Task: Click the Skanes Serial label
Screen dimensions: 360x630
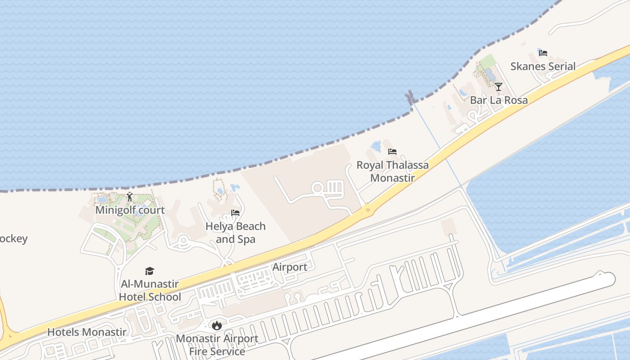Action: click(543, 66)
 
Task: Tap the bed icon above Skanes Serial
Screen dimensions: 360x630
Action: click(543, 53)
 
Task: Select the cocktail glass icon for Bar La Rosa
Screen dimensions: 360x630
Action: click(498, 86)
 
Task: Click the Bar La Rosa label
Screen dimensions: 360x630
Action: click(499, 100)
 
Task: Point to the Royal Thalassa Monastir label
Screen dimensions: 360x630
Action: click(392, 171)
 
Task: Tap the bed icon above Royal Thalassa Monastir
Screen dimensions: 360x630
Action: click(392, 152)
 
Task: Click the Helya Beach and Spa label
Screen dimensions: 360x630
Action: click(235, 232)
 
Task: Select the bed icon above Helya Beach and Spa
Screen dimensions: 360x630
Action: click(235, 213)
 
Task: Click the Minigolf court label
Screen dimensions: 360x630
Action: click(130, 210)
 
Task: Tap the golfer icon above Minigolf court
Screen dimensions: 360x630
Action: click(130, 197)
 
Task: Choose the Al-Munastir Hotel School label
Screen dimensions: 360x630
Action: click(150, 290)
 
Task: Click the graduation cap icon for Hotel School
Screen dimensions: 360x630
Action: click(150, 271)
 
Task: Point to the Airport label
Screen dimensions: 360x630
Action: click(290, 267)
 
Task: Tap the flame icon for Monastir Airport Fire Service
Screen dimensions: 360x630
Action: click(217, 325)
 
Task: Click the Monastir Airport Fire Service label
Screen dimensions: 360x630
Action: click(217, 345)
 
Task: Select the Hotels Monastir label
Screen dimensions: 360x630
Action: click(87, 332)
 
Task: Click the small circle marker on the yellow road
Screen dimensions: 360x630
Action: click(368, 210)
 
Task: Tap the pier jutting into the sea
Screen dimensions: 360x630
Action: click(410, 97)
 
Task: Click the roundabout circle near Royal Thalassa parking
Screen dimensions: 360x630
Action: click(318, 188)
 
